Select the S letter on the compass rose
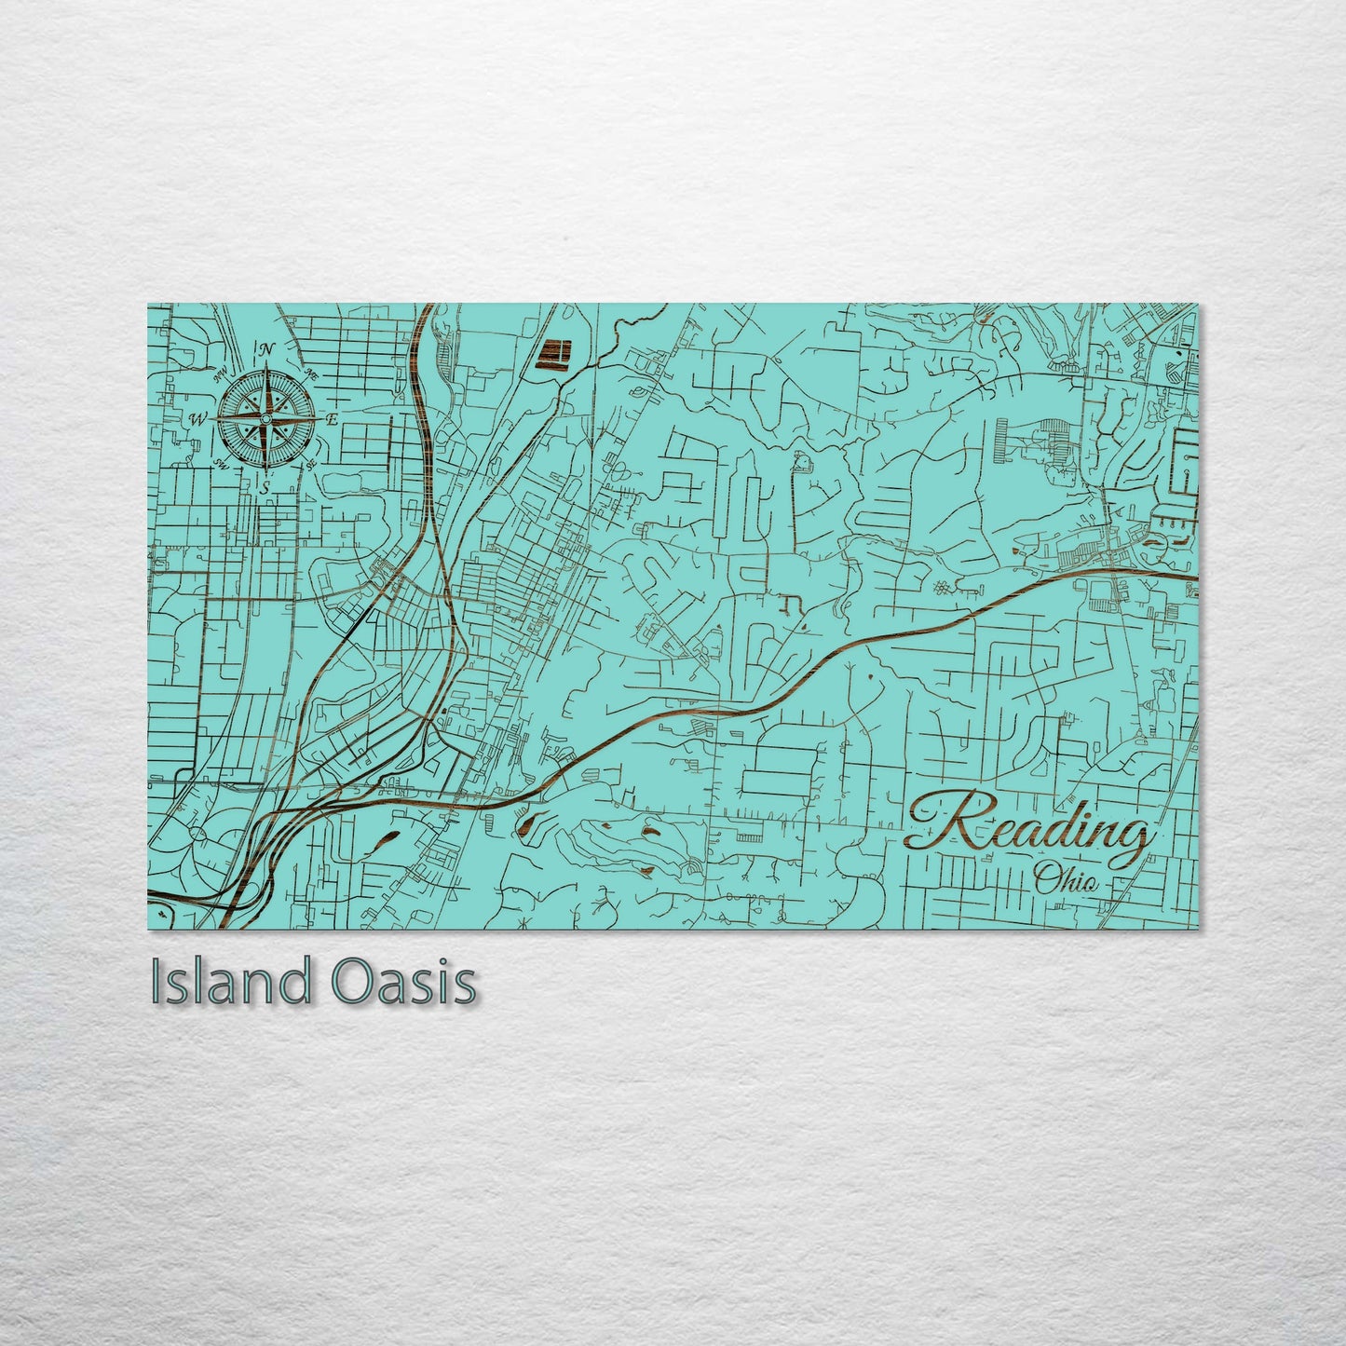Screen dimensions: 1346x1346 [x=265, y=486]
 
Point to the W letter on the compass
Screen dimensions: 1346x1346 [x=197, y=419]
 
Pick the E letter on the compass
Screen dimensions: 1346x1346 [x=332, y=419]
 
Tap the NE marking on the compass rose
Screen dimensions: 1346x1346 [x=313, y=373]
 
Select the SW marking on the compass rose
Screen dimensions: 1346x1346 [x=221, y=463]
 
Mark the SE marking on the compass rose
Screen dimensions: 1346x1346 [x=310, y=463]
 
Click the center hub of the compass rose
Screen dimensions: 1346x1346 [x=265, y=419]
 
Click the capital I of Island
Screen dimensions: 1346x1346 [x=156, y=982]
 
